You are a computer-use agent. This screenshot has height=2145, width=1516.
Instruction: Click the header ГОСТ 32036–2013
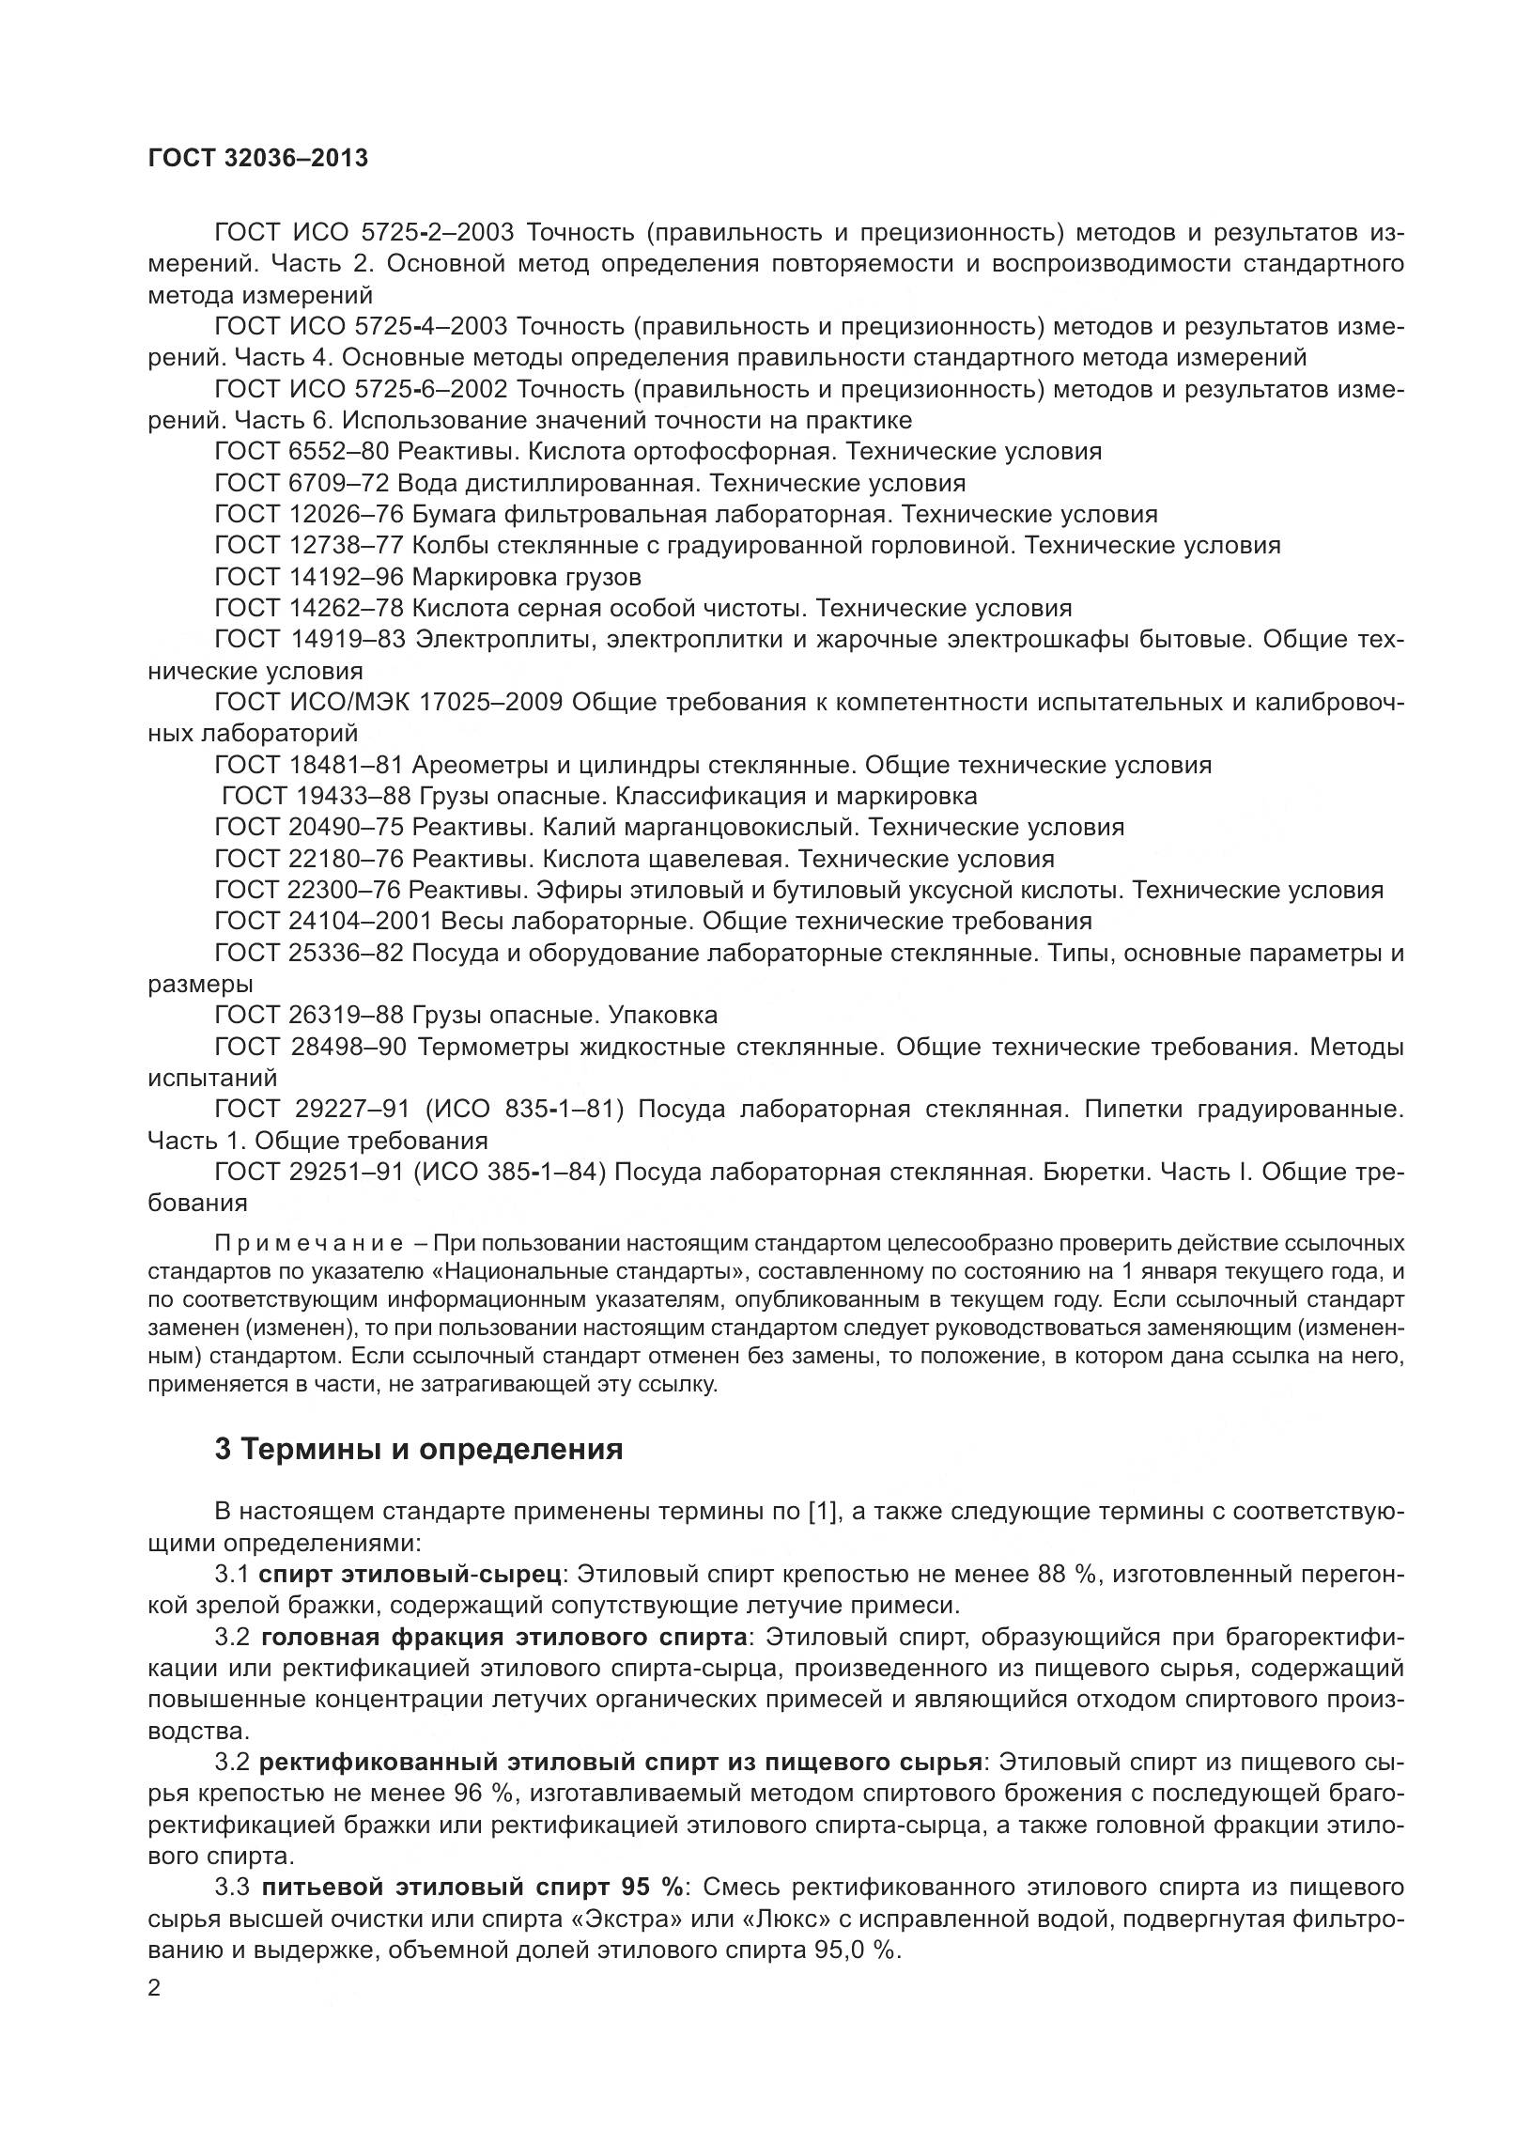click(x=258, y=158)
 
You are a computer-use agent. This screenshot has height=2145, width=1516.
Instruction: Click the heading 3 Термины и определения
click(x=419, y=1449)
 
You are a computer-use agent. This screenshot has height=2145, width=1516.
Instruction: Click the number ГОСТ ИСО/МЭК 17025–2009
click(x=388, y=703)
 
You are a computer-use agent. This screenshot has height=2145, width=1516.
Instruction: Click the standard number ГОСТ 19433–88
click(x=316, y=797)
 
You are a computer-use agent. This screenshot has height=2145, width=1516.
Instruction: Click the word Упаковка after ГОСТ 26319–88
click(x=663, y=1016)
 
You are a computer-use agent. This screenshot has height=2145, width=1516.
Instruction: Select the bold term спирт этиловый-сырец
click(x=411, y=1574)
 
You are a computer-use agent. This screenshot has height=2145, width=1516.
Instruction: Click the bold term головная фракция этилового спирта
click(x=504, y=1637)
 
